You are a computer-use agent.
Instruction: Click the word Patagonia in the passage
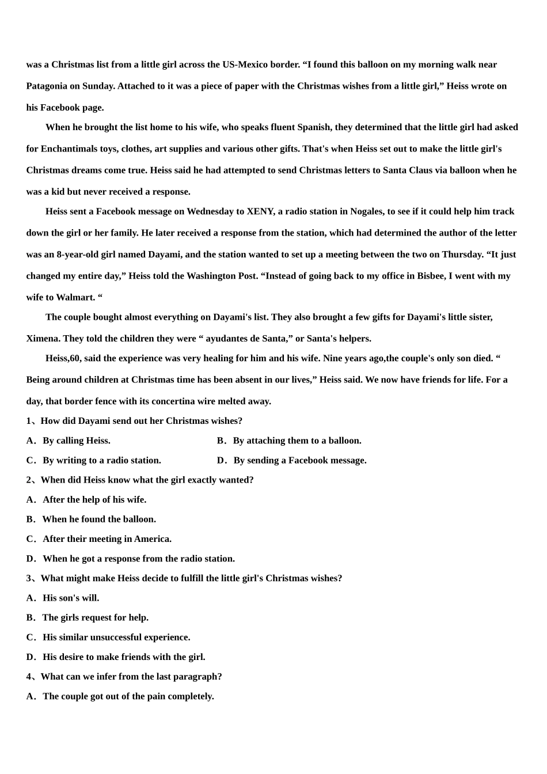47,86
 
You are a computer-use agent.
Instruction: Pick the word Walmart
75,297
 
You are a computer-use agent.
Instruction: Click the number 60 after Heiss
75,358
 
